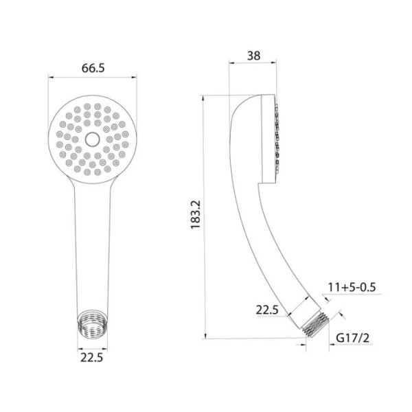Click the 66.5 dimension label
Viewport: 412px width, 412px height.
point(93,68)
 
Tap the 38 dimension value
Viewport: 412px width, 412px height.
point(253,56)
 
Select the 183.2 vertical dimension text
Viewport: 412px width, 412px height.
point(196,215)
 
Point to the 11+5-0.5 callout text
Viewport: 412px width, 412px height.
point(352,287)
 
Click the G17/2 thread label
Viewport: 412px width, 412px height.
point(353,338)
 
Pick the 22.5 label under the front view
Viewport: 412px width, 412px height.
point(92,358)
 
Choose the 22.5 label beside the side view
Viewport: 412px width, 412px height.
point(267,310)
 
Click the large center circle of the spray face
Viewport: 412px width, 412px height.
point(93,139)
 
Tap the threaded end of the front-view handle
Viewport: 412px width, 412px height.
point(93,325)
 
